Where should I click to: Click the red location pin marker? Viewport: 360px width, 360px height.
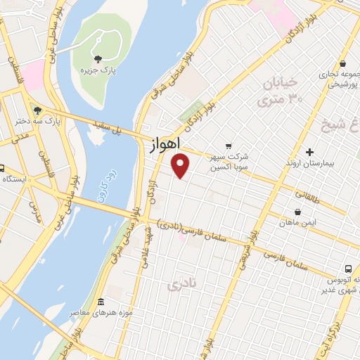coord(181,166)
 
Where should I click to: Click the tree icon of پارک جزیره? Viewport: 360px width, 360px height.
coord(97,59)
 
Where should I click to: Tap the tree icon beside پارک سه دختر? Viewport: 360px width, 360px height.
coord(37,110)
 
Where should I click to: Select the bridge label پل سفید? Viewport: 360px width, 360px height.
coord(110,127)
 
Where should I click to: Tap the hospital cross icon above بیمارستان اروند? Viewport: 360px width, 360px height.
coord(309,151)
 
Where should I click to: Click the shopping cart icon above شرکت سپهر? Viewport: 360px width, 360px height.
coord(227,146)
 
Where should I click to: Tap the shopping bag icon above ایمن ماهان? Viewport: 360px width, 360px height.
coord(298,211)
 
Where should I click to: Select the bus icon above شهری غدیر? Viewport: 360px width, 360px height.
coord(349,269)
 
